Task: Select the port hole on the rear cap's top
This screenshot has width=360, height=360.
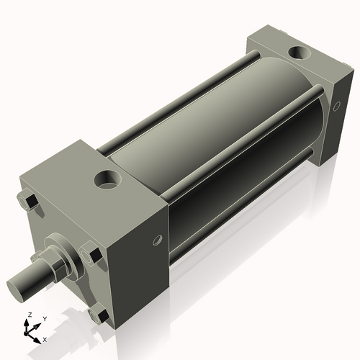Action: [297, 53]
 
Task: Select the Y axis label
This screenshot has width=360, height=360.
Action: [44, 318]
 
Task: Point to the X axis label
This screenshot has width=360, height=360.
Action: [45, 338]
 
